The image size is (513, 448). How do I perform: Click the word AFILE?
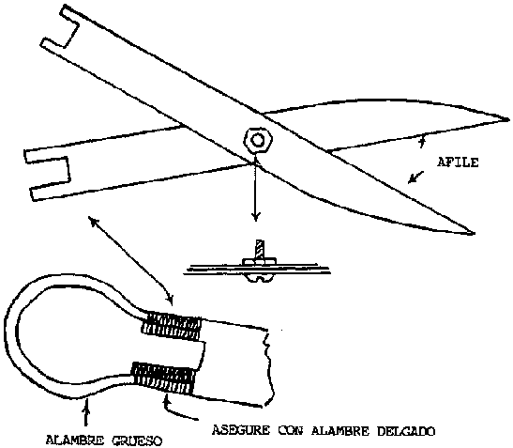[458, 162]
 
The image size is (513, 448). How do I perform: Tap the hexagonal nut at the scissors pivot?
[258, 140]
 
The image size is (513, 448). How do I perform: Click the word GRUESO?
[137, 440]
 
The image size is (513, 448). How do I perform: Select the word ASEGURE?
[241, 430]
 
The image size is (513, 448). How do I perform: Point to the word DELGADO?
[406, 431]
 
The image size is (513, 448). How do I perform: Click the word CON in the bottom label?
[291, 430]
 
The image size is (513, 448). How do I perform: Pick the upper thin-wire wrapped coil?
[172, 326]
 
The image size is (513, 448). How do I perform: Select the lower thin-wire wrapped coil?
[163, 378]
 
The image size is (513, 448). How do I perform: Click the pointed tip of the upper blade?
[508, 120]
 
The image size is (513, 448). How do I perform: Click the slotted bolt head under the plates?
[260, 278]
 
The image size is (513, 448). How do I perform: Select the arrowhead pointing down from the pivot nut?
[256, 217]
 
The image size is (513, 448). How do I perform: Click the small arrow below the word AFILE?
[415, 178]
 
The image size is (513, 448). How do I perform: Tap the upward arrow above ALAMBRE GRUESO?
[86, 412]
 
